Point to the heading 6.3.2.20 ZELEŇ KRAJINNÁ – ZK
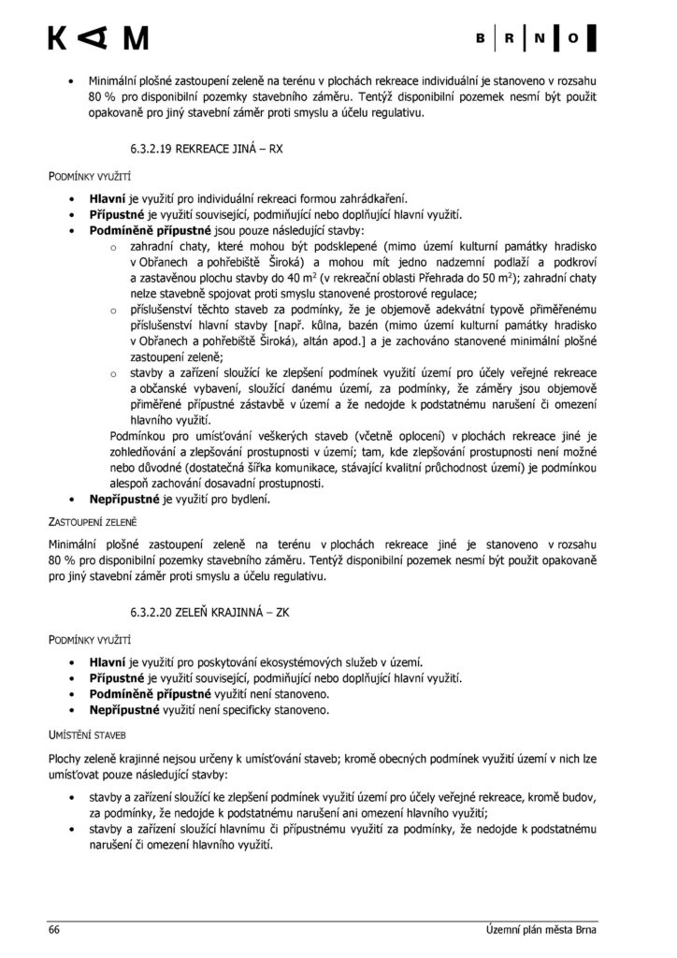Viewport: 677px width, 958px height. click(x=217, y=613)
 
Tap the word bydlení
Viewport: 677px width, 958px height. click(x=250, y=500)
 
